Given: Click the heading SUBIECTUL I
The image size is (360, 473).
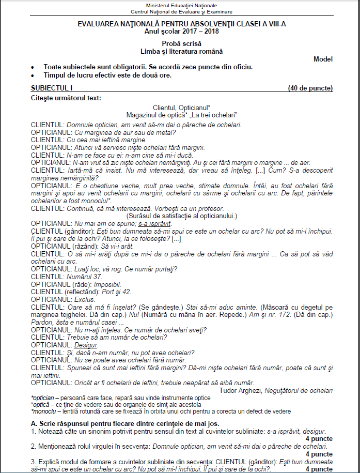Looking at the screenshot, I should coord(52,88).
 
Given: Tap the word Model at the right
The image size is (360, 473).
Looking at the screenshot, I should coord(323,59).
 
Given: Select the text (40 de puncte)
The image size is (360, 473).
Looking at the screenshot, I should coord(310,88).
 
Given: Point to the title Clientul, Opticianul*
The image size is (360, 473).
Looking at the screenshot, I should coord(181,107).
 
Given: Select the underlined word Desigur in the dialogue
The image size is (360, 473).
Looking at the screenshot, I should coord(86,344).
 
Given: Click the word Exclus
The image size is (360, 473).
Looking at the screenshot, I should coord(85,299).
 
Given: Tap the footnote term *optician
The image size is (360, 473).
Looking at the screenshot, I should coord(44,398).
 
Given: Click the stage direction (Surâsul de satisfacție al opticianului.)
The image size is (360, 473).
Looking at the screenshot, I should coord(181,216).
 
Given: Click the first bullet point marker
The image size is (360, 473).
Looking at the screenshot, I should coord(34,68).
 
